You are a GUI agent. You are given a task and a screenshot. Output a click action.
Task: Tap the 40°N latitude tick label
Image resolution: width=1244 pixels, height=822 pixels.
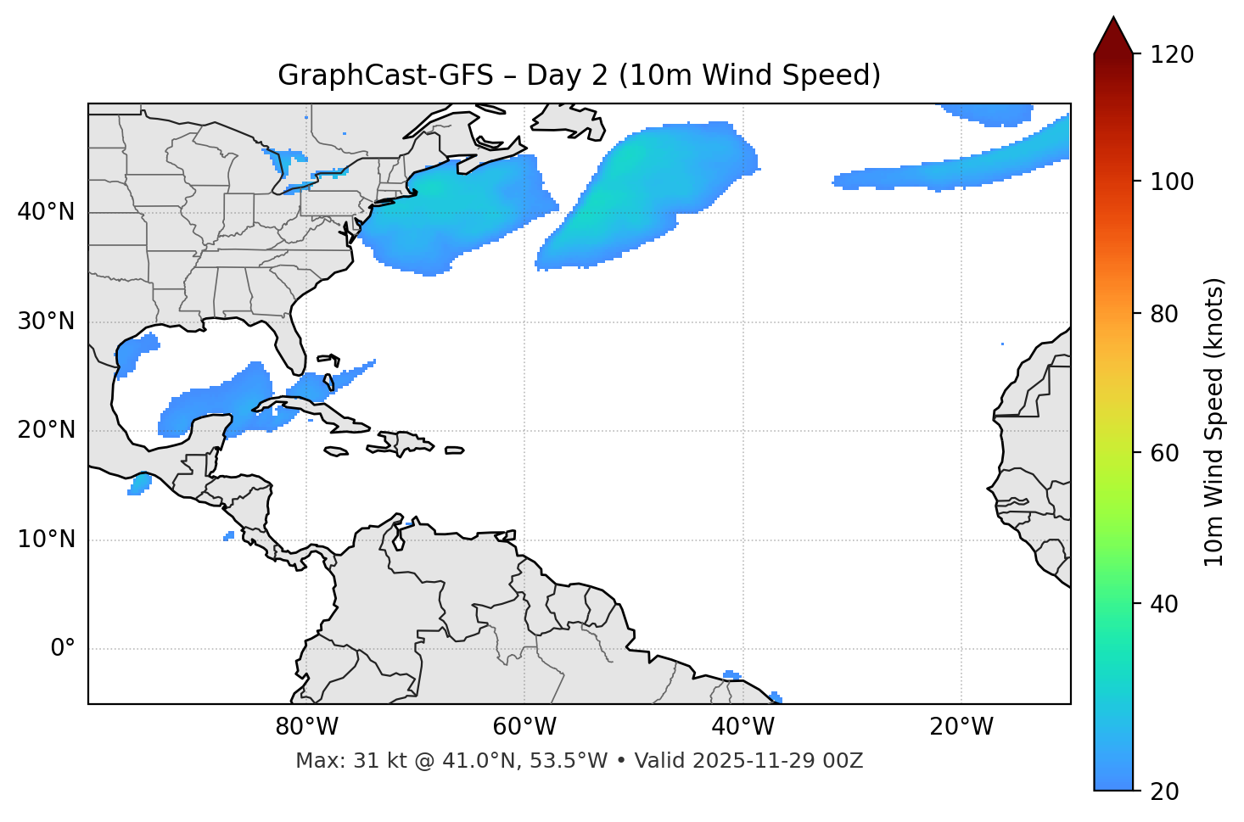[x=46, y=212]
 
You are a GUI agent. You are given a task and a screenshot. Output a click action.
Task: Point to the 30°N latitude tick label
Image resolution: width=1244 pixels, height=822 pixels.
[x=46, y=322]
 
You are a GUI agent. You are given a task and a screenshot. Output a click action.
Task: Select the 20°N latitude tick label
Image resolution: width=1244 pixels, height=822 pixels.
[x=46, y=430]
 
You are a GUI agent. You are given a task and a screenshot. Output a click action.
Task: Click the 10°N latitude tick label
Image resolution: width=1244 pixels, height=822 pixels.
[x=46, y=540]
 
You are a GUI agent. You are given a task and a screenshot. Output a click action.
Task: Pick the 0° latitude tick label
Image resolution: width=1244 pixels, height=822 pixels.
[x=63, y=649]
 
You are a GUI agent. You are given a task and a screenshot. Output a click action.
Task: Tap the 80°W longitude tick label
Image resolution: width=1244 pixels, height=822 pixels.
[x=306, y=727]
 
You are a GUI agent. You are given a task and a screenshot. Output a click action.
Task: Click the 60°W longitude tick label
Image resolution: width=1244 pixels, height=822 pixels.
[x=524, y=727]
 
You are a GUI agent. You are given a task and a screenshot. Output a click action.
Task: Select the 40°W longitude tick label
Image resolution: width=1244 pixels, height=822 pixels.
[x=742, y=727]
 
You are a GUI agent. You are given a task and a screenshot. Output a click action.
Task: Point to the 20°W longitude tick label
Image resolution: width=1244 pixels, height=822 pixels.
[x=961, y=727]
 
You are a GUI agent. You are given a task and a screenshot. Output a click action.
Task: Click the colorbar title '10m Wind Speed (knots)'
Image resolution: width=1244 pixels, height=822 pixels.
[x=1214, y=422]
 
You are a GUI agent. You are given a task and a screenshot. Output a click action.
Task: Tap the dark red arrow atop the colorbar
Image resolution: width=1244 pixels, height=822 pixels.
[x=1112, y=36]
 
